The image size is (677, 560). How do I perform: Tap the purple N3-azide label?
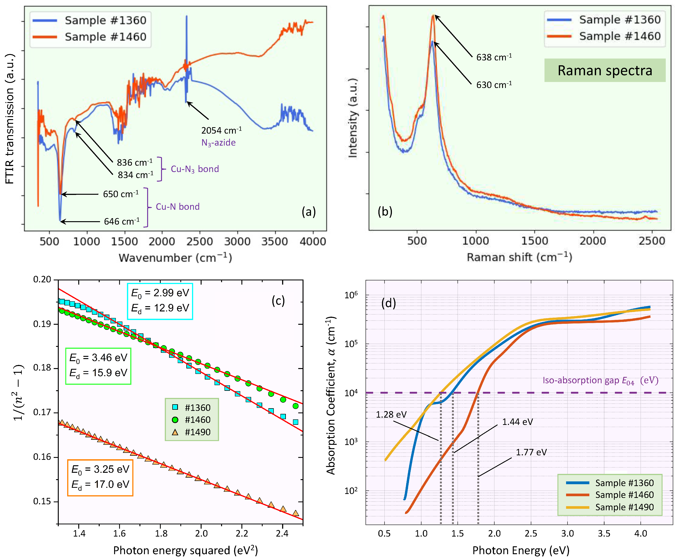tap(218, 143)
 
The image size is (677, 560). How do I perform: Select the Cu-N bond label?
tap(178, 207)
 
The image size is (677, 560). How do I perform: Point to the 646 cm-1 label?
tap(122, 221)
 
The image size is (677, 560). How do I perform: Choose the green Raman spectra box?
tap(605, 70)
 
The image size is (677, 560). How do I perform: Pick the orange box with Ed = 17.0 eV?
tap(100, 477)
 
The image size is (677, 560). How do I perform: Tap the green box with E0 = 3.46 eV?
tap(98, 366)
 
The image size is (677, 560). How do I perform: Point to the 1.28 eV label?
tap(391, 414)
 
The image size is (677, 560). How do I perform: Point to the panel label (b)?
tap(385, 211)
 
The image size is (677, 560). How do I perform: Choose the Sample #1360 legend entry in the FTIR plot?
tap(90, 20)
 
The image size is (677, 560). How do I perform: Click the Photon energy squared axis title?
tap(185, 550)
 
